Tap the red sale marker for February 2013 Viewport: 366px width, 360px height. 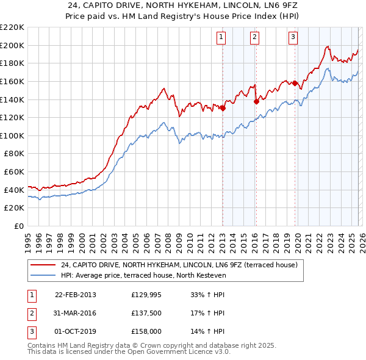click(223, 109)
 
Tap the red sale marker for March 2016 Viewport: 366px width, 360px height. click(256, 102)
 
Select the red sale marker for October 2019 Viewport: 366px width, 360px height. click(295, 83)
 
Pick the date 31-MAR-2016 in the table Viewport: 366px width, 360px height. click(76, 313)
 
